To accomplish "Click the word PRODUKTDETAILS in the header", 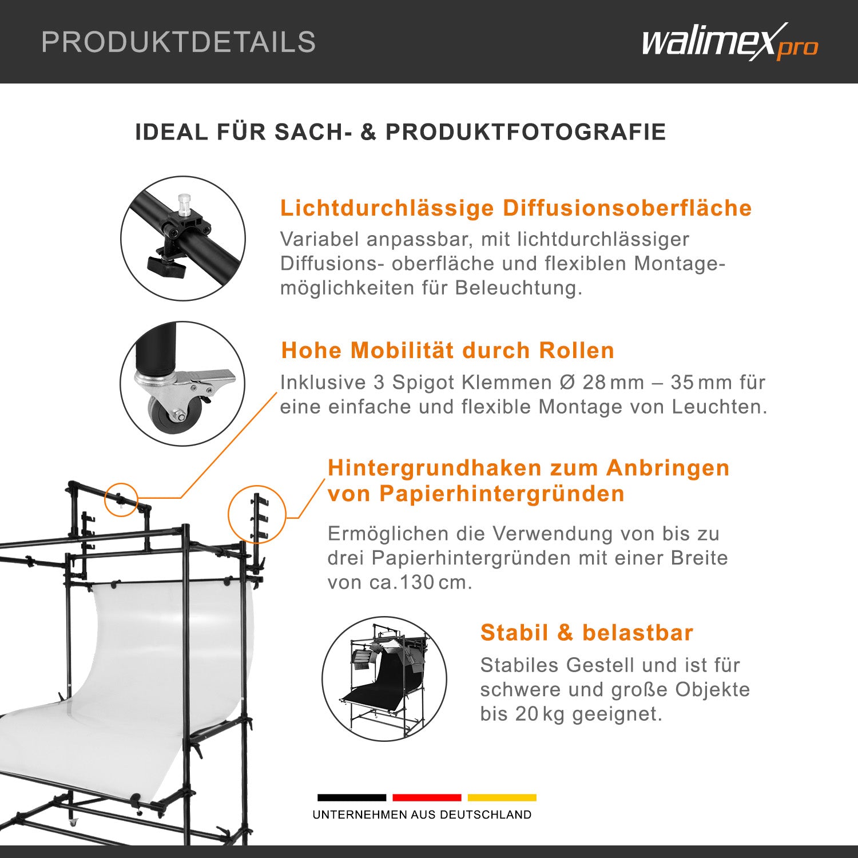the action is [178, 42].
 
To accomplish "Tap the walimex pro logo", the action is [730, 42].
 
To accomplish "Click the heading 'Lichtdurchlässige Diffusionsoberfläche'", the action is [516, 208].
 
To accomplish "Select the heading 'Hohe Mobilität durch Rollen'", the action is [448, 350].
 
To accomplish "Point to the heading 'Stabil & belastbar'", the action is [587, 633].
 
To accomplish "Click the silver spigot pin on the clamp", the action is [184, 205].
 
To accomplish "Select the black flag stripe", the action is [352, 797].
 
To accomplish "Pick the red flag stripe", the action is [427, 797].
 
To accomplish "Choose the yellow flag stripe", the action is [502, 797].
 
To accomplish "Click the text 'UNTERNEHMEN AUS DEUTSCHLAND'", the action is [422, 815].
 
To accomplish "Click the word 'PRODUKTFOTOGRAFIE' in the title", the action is [526, 132].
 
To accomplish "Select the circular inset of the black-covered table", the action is [384, 679].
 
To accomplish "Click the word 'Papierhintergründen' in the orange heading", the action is [502, 494].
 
